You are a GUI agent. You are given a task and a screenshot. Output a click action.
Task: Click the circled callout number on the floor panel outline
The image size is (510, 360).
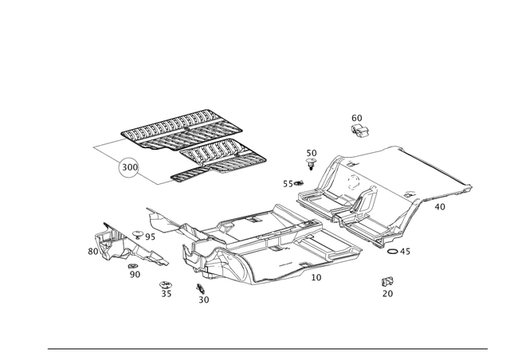pyautogui.click(x=127, y=169)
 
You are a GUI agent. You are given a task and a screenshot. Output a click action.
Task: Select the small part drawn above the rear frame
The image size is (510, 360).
pyautogui.click(x=359, y=124)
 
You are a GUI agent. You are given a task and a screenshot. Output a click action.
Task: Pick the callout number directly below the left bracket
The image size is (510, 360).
pyautogui.click(x=134, y=273)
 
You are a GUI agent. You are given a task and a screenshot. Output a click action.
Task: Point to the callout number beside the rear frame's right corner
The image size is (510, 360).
pyautogui.click(x=441, y=205)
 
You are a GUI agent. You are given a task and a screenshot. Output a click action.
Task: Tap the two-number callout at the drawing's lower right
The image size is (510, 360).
pyautogui.click(x=388, y=286)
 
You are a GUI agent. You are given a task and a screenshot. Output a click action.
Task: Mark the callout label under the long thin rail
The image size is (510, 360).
pyautogui.click(x=316, y=277)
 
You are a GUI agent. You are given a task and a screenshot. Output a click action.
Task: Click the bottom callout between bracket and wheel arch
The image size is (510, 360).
pyautogui.click(x=166, y=292)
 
